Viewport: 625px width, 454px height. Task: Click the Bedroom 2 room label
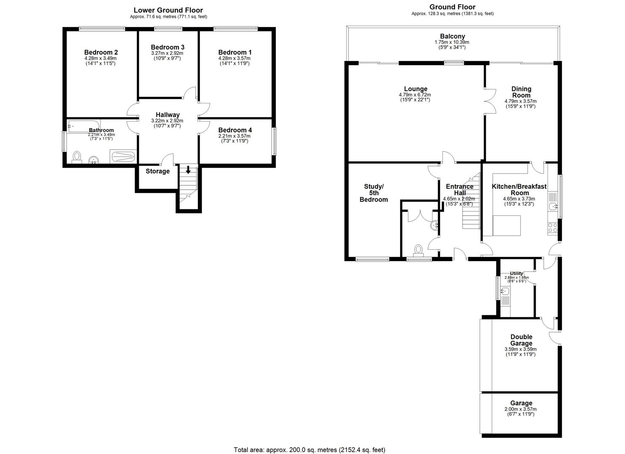(x=101, y=53)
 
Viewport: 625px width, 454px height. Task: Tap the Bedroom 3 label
(x=168, y=47)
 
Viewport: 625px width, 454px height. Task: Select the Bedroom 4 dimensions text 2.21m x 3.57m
(x=234, y=136)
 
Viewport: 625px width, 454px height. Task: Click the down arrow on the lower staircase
(x=188, y=170)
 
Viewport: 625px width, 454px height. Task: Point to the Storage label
(x=157, y=171)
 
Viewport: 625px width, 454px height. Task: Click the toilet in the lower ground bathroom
(x=77, y=157)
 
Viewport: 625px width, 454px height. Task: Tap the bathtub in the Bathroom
(x=83, y=125)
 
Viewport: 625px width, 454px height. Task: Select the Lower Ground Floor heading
(x=168, y=10)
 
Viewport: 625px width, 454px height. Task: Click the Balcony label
(x=452, y=37)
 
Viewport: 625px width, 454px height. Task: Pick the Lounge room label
(x=415, y=89)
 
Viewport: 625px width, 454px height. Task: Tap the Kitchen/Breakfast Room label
(x=519, y=190)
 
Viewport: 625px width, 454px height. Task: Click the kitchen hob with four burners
(x=552, y=228)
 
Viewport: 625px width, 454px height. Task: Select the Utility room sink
(x=505, y=291)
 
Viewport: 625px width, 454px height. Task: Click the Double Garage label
(x=521, y=340)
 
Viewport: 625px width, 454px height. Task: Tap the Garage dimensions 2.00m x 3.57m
(x=521, y=409)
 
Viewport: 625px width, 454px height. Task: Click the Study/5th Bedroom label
(x=373, y=193)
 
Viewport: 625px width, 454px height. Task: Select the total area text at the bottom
(x=309, y=450)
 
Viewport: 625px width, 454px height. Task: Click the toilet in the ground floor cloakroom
(x=418, y=250)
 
